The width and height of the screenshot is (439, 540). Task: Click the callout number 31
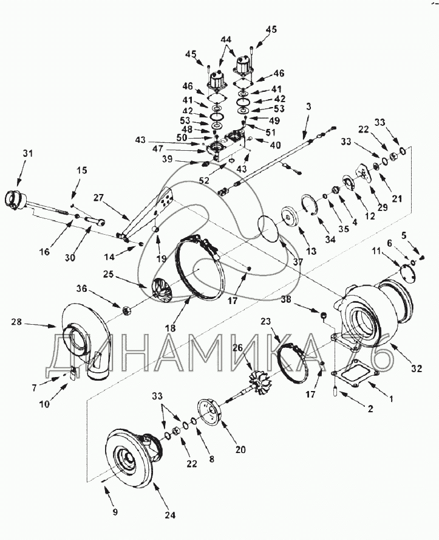[x=28, y=153]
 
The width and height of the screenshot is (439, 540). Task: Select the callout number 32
[x=417, y=369]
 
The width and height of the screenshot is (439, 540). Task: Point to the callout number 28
[x=16, y=322]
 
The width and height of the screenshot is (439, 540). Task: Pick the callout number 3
[x=308, y=106]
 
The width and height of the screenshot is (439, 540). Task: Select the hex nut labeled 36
[x=126, y=310]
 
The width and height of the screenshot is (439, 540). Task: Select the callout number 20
[x=240, y=449]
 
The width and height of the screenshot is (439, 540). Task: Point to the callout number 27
[x=98, y=198]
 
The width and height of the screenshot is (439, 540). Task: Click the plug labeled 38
[x=323, y=315]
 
